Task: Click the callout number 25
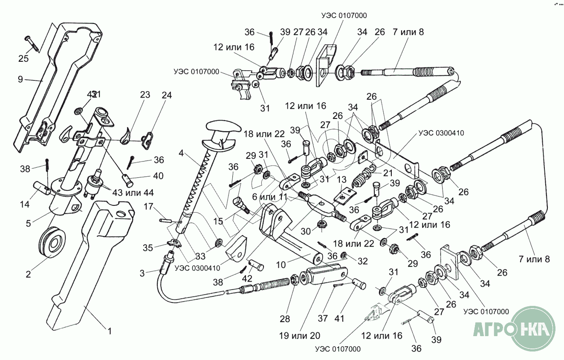pos(23,59)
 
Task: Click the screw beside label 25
pos(33,43)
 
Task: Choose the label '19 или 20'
pos(300,335)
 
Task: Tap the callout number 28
pos(285,319)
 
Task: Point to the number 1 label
pos(109,331)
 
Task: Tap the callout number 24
pos(167,95)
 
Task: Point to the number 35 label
pos(148,247)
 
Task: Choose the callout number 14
pos(24,204)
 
